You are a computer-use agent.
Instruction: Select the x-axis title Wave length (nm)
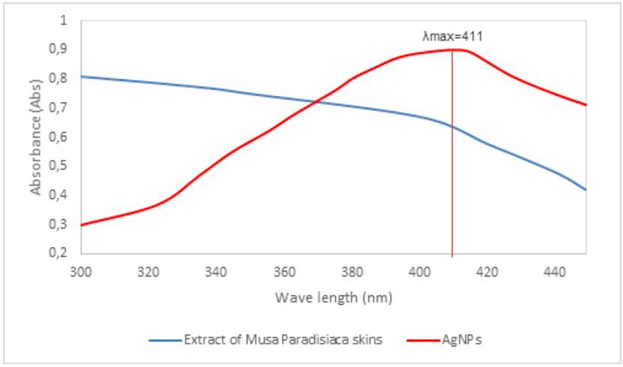(332, 297)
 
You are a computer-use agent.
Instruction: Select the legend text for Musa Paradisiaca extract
(283, 340)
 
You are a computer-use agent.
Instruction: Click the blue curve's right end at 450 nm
(585, 189)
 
